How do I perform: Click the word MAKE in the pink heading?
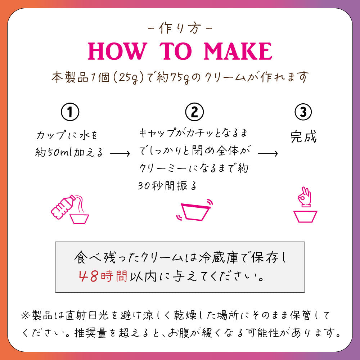point(238,51)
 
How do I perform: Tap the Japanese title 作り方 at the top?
point(180,28)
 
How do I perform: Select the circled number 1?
point(70,112)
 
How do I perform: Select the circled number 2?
point(194,112)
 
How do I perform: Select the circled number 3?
point(303,112)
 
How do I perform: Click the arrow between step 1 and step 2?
point(120,153)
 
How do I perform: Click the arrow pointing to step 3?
point(268,153)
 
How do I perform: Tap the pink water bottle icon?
point(63,207)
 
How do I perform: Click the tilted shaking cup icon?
point(195,211)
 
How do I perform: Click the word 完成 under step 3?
point(303,136)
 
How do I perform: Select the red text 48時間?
point(103,276)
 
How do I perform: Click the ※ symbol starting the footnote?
point(25,315)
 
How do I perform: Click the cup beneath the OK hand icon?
point(305,216)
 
